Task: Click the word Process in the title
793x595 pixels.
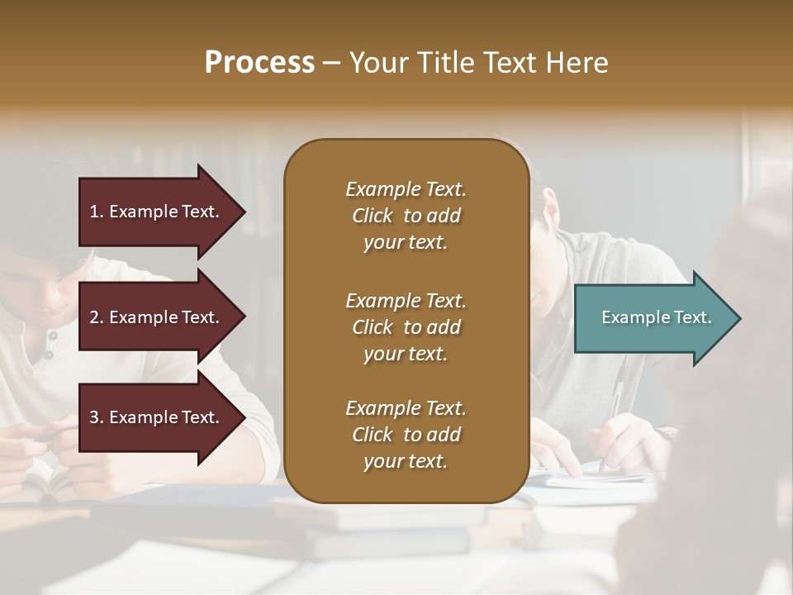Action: pos(259,63)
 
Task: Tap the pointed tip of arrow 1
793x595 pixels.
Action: pos(244,212)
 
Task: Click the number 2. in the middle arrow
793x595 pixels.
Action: pos(97,317)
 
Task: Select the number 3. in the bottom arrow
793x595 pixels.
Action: pos(97,417)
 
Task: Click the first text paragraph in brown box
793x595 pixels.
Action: pos(406,216)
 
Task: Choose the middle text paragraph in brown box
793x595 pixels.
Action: pos(406,326)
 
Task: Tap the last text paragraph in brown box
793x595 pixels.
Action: pos(406,435)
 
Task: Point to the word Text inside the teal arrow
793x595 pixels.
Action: pos(691,317)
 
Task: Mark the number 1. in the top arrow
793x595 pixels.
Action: pos(96,212)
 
